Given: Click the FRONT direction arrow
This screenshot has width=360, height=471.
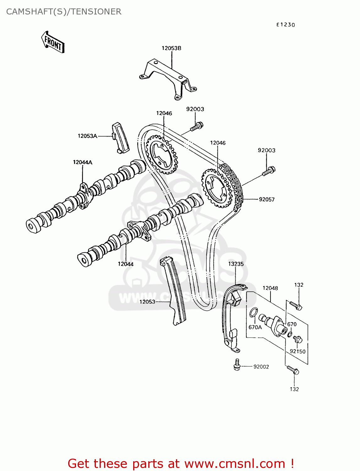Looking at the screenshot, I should pos(53,42).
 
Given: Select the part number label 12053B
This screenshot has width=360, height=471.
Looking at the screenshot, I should pos(171,48).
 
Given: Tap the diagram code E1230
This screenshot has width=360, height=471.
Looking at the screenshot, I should pos(286,25).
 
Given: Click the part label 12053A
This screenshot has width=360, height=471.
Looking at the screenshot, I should pos(87,136).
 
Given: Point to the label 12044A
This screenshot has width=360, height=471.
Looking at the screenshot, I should pos(83,162).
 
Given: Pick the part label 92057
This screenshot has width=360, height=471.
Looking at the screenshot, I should pos(267,199).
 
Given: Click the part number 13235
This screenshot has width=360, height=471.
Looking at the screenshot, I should pos(236,264).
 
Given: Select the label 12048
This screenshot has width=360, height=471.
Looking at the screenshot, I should pos(270,288).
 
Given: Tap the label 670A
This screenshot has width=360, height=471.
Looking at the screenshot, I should pos(255,327).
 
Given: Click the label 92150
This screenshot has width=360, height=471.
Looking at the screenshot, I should pos(297,351).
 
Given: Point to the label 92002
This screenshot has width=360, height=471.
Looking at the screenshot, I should pos(261,367).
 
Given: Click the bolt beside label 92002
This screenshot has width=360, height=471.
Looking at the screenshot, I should pos(237,365).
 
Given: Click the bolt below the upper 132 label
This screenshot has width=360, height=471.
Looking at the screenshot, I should pos(296,305).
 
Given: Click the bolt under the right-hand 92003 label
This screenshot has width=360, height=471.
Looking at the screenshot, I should pos(269,171).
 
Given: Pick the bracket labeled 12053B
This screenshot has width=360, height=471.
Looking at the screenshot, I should pos(168,78).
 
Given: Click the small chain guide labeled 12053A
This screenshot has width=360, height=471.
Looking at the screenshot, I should pos(120,138).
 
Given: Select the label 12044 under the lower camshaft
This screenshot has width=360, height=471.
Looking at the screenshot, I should pos(126,264).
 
